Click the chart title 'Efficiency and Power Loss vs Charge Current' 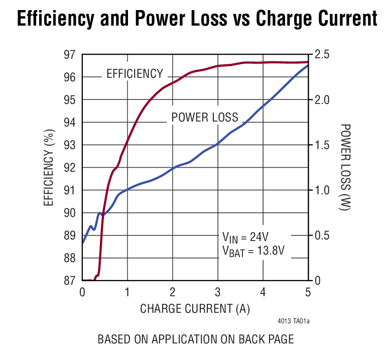tap(196, 19)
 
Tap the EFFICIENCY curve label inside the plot tap(135, 74)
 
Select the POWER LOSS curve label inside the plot tap(205, 117)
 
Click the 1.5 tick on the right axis tap(323, 145)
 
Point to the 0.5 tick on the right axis tap(323, 235)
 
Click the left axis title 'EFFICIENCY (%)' tap(49, 168)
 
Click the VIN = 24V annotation tap(248, 237)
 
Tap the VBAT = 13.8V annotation tap(253, 251)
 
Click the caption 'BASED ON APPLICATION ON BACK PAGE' tap(195, 339)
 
